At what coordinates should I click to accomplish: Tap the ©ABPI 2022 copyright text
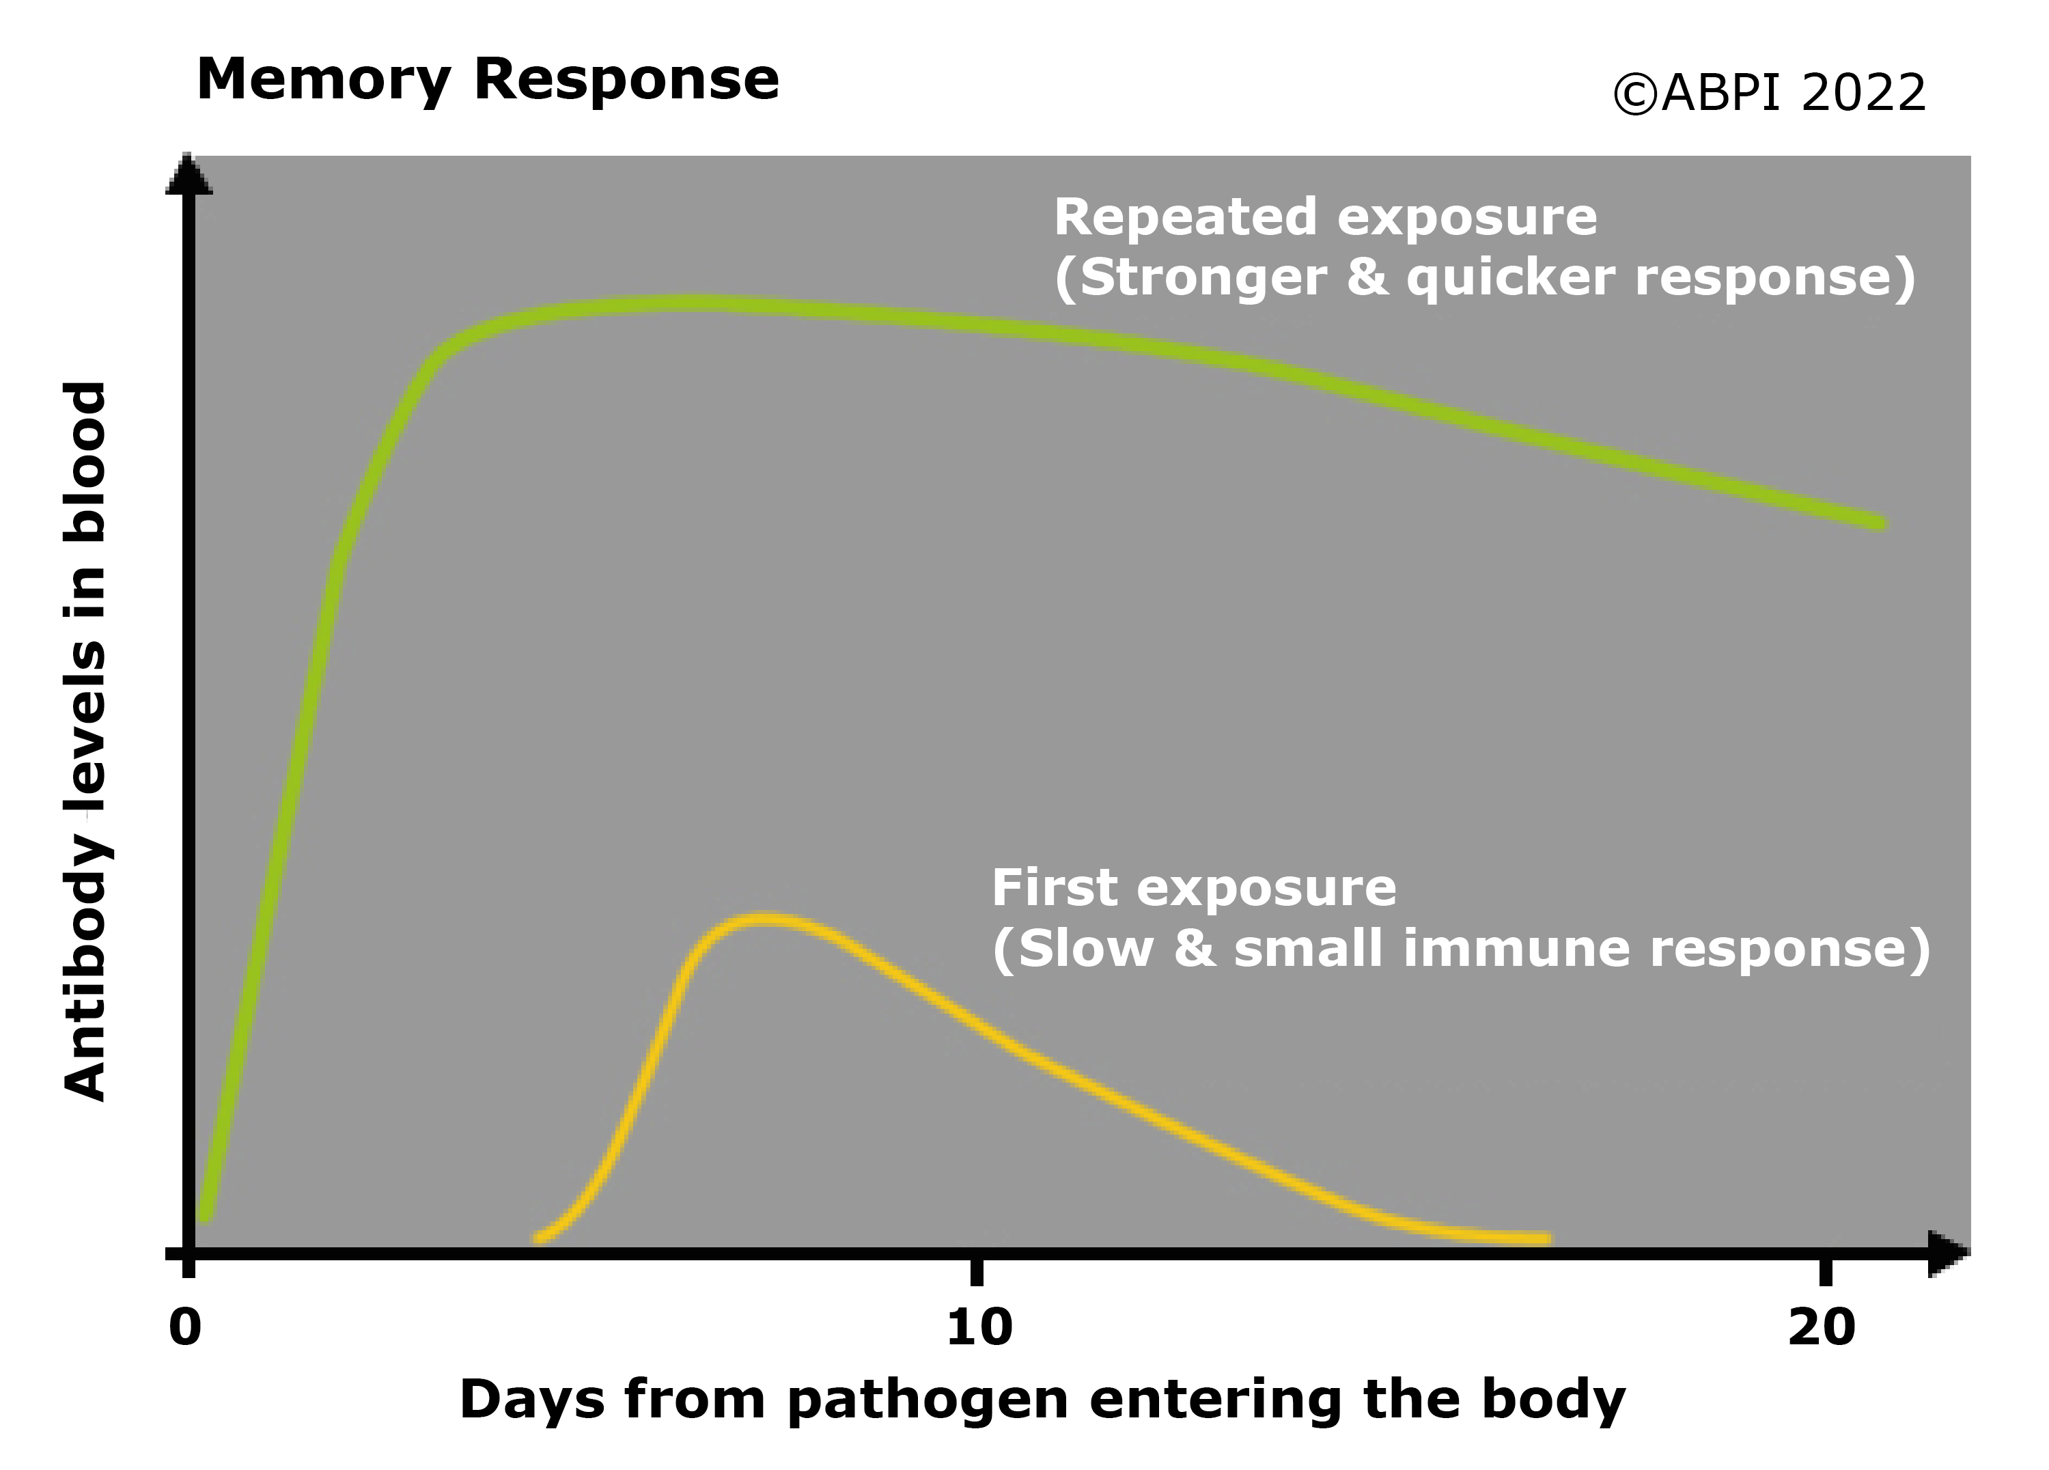click(1769, 93)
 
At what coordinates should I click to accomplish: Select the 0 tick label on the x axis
click(185, 1327)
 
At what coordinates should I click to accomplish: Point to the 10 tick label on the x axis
click(979, 1327)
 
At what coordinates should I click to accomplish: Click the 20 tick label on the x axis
click(1822, 1327)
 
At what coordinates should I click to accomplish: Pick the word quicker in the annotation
click(1509, 277)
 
